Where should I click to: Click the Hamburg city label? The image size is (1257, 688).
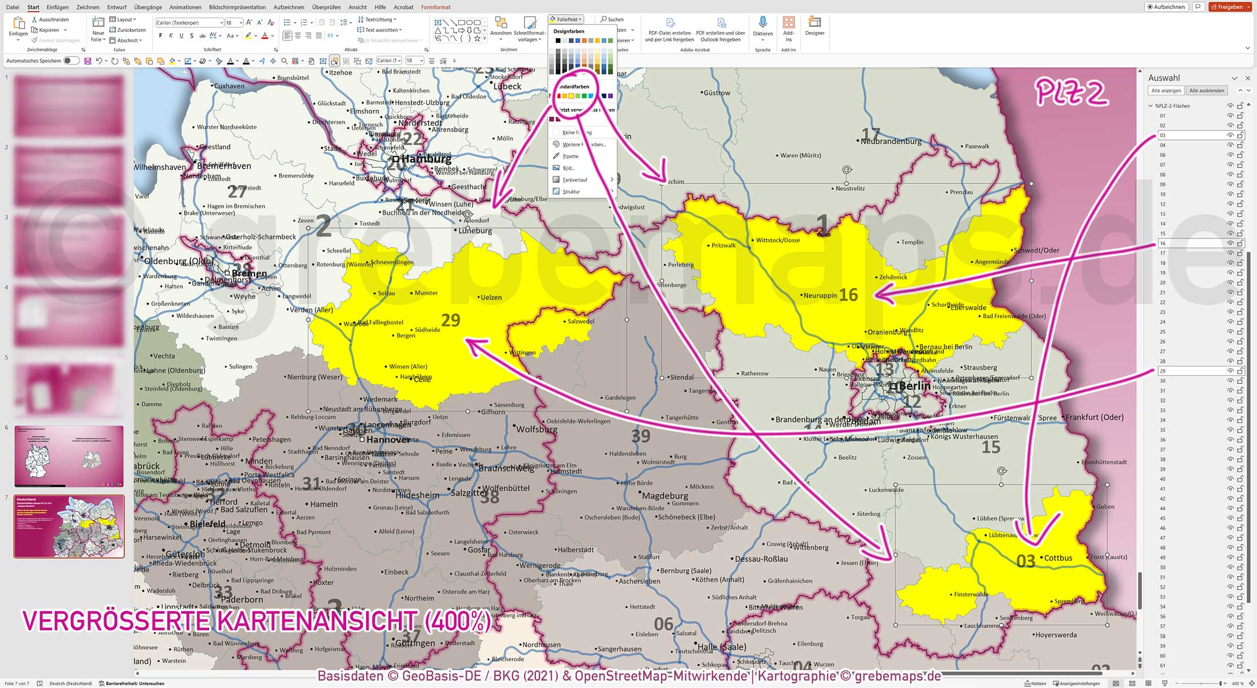point(426,159)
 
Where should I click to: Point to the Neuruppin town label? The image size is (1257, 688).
point(820,295)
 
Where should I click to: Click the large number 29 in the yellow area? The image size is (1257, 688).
point(450,320)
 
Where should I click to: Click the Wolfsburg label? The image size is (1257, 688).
point(537,429)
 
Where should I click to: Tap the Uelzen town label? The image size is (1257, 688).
point(491,298)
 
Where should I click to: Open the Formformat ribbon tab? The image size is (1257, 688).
point(435,7)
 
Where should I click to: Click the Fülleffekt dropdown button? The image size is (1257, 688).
point(566,19)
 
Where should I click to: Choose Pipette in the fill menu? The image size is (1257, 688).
point(570,156)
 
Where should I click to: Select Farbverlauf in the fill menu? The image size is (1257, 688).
point(575,180)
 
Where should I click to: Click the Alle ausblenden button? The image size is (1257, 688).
point(1207,91)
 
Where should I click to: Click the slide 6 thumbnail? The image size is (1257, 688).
point(69,456)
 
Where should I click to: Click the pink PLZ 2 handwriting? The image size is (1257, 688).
point(1071,93)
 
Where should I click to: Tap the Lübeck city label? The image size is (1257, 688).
point(507,87)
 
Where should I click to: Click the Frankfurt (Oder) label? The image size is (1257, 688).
point(1094,417)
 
